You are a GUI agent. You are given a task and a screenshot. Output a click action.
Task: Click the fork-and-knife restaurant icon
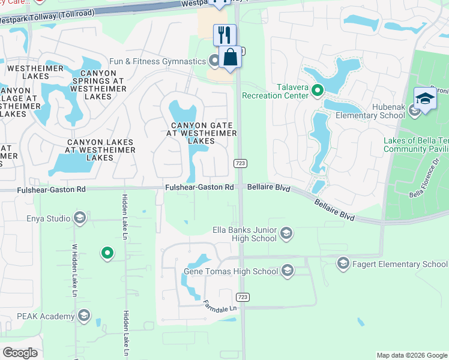point(224,34)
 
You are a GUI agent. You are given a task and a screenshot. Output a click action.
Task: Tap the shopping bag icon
point(230,58)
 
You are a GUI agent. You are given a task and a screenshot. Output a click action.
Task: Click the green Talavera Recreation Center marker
point(318,91)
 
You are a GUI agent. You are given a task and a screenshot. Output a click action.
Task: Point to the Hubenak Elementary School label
point(370,116)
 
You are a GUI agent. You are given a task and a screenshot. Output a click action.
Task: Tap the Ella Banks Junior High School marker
point(286,233)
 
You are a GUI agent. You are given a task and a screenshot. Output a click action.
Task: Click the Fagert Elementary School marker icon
point(343,263)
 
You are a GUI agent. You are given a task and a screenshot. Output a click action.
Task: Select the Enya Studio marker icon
point(79,218)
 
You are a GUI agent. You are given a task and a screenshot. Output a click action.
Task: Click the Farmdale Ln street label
point(220,305)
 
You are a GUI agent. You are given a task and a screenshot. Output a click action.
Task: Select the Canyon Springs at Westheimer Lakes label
point(98,85)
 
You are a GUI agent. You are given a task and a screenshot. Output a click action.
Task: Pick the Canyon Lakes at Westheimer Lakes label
point(100,150)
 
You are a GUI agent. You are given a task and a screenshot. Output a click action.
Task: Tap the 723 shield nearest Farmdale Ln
point(242,297)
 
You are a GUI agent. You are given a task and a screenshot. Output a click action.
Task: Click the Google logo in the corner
point(20,353)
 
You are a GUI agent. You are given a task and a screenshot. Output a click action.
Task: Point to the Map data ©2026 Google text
point(411,355)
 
